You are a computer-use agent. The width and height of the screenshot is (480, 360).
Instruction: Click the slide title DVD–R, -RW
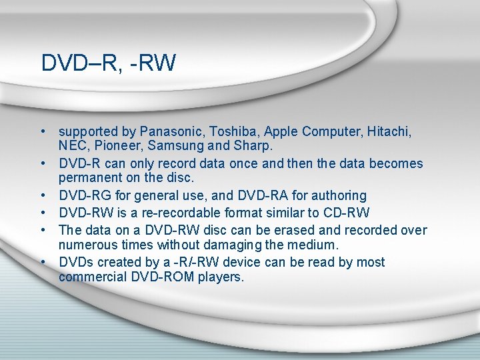[x=108, y=63]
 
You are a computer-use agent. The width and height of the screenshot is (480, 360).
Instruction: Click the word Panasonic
[x=169, y=132]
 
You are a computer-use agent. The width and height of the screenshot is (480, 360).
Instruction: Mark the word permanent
[x=89, y=178]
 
